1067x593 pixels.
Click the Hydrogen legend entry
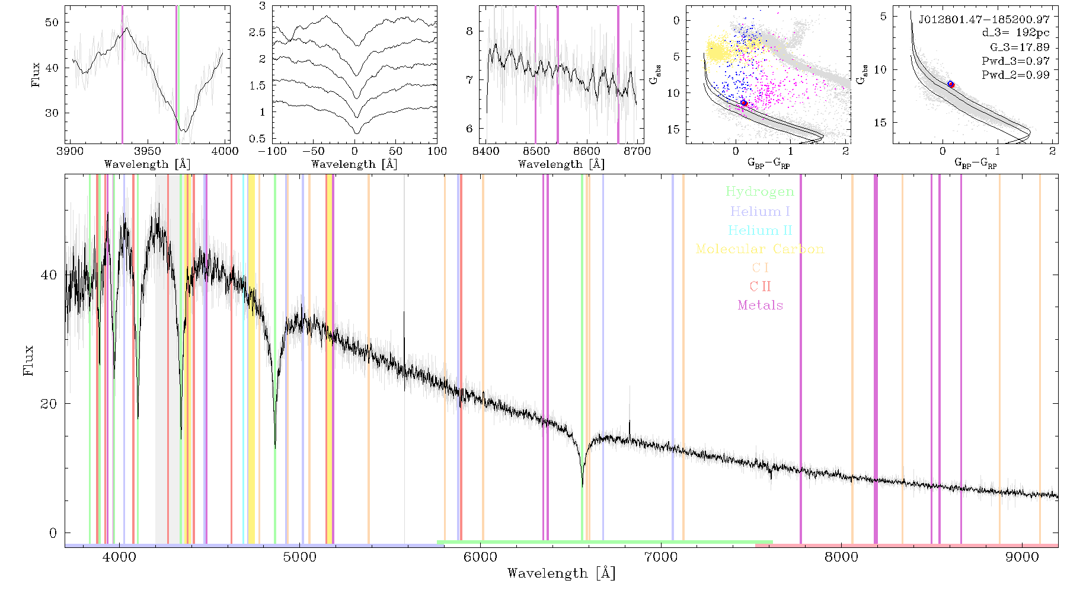tap(760, 192)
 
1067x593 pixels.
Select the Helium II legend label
tap(760, 230)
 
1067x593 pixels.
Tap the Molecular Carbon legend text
tap(760, 249)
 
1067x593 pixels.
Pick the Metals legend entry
tap(761, 305)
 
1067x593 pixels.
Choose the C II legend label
tap(761, 286)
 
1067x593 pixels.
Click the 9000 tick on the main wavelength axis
tap(1022, 557)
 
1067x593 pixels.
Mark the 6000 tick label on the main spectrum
tap(480, 557)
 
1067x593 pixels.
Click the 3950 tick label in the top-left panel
tap(148, 151)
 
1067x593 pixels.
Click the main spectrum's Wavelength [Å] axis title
tap(561, 573)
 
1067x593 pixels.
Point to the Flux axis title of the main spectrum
tap(28, 360)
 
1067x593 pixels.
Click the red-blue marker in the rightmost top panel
tap(951, 84)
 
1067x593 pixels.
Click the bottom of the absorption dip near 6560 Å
tap(582, 486)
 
